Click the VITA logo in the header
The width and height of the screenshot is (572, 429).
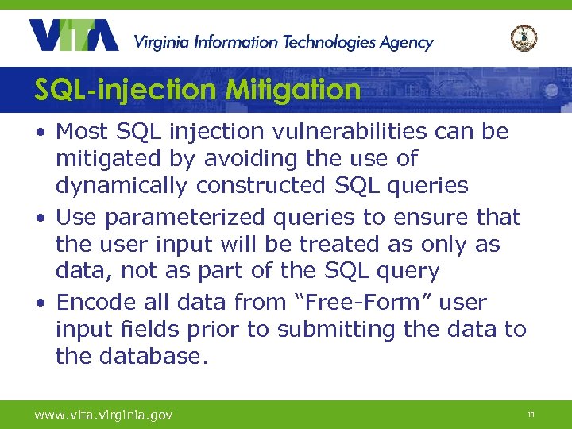point(73,35)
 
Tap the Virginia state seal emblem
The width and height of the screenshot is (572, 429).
point(524,37)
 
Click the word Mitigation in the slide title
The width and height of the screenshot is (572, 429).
point(292,90)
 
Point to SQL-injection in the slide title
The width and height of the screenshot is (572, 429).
point(126,90)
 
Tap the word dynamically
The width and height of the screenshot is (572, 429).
point(122,186)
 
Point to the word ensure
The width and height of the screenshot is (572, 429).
point(430,217)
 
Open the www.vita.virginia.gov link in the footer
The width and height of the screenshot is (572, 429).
point(102,415)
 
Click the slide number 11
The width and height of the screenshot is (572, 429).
point(530,415)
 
